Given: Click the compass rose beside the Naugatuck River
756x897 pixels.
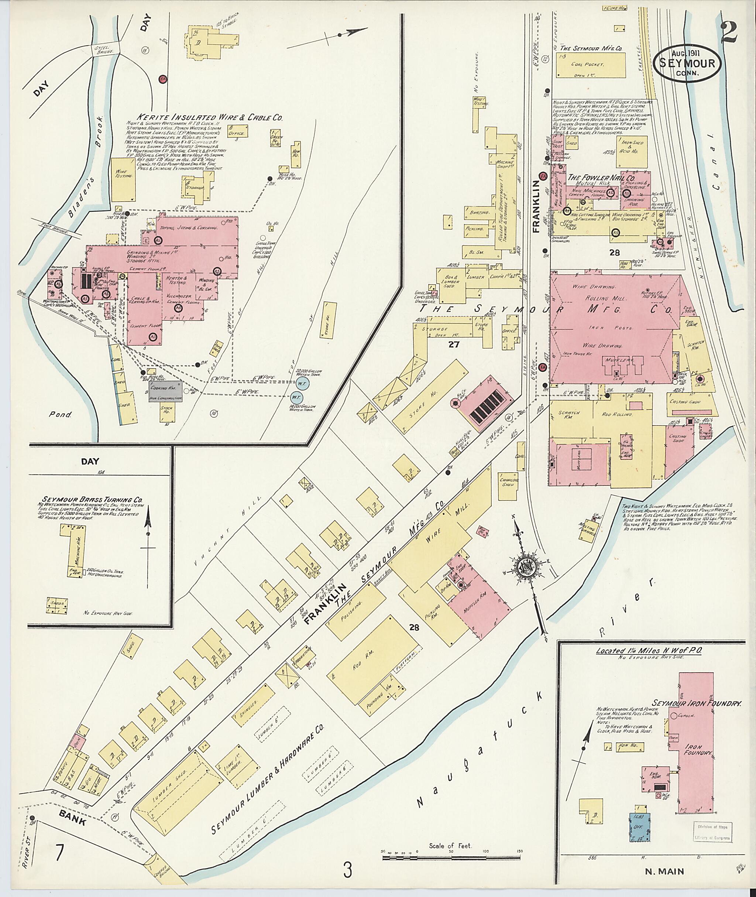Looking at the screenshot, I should coord(525,565).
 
